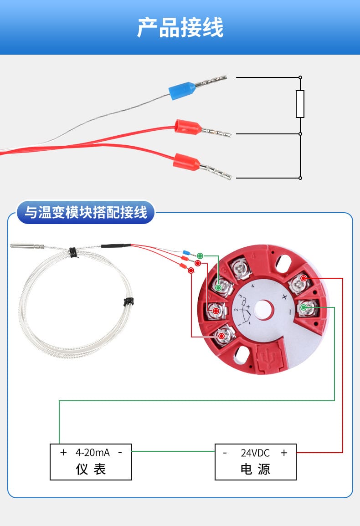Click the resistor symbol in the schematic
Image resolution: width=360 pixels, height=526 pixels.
[x=300, y=104]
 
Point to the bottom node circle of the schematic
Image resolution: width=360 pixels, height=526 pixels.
[x=300, y=178]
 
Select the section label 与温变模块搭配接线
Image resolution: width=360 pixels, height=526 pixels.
[x=86, y=213]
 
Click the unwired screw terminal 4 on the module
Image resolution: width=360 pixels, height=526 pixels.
[x=241, y=268]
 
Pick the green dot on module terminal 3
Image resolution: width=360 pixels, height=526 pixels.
[x=218, y=288]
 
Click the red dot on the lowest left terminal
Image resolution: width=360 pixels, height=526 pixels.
[x=221, y=336]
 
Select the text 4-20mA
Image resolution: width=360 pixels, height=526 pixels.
[x=92, y=453]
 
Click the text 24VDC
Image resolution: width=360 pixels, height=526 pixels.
[x=255, y=453]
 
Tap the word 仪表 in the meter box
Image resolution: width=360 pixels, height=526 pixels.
[x=91, y=470]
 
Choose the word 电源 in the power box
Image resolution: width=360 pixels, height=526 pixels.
[x=255, y=470]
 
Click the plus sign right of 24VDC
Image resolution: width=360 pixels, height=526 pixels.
[x=284, y=453]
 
